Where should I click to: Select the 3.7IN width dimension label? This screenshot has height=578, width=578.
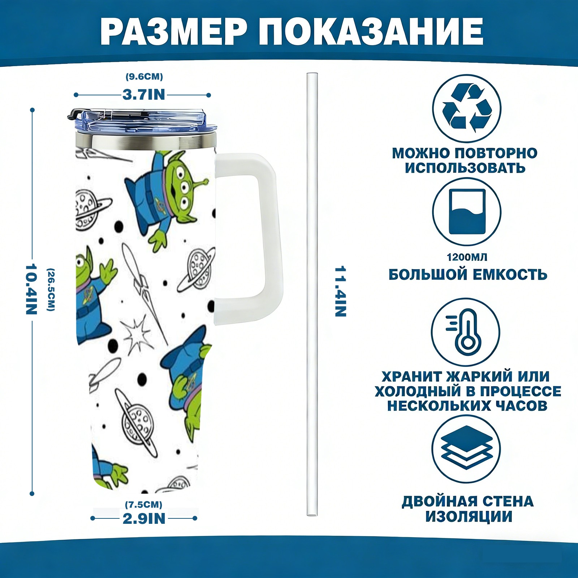[144, 95]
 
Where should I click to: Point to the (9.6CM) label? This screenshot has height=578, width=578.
[144, 77]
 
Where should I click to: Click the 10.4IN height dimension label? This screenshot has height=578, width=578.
[31, 289]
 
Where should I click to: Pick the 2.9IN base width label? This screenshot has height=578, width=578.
[144, 518]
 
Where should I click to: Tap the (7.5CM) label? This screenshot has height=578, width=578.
[144, 504]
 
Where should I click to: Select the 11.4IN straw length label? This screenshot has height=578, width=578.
[341, 292]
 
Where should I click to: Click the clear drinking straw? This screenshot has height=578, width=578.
[312, 294]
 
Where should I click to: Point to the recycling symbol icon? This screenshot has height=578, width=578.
[467, 108]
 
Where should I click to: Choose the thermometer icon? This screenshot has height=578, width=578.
[466, 332]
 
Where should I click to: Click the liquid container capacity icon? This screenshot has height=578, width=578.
[467, 212]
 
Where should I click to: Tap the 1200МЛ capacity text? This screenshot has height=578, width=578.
[467, 257]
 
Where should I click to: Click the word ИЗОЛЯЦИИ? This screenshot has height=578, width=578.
[469, 517]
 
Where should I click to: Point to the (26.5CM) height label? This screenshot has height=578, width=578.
[51, 289]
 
